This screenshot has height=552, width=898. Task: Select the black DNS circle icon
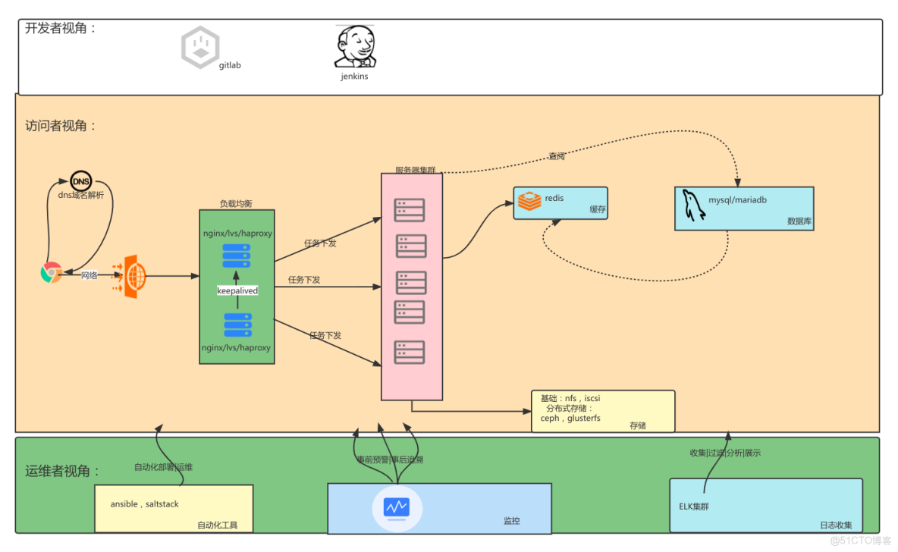pyautogui.click(x=80, y=181)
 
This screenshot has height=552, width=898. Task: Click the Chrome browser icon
pyautogui.click(x=51, y=273)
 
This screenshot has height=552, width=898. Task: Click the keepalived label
pyautogui.click(x=237, y=290)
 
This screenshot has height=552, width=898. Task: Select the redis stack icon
pyautogui.click(x=529, y=202)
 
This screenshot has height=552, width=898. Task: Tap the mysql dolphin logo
pyautogui.click(x=692, y=205)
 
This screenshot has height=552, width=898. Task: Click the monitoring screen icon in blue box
pyautogui.click(x=397, y=507)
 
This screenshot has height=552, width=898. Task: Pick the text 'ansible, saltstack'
pyautogui.click(x=145, y=504)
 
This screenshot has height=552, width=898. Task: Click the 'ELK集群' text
pyautogui.click(x=694, y=506)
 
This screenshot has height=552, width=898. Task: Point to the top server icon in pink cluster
pyautogui.click(x=410, y=210)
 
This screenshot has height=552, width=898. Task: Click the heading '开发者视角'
pyautogui.click(x=61, y=29)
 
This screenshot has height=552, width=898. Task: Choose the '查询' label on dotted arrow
pyautogui.click(x=557, y=156)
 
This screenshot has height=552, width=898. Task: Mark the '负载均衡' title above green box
pyautogui.click(x=237, y=204)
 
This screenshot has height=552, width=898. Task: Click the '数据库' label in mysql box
pyautogui.click(x=799, y=221)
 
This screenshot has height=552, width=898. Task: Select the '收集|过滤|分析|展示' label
pyautogui.click(x=724, y=453)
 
